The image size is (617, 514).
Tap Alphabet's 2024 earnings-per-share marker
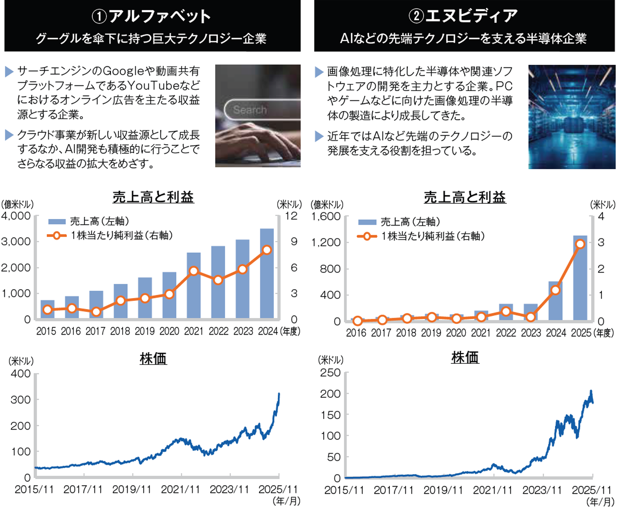pyautogui.click(x=267, y=250)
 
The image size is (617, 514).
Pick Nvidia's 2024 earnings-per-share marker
pyautogui.click(x=555, y=290)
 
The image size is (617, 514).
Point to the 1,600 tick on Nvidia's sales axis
pyautogui.click(x=326, y=217)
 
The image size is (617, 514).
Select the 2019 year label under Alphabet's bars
pyautogui.click(x=145, y=331)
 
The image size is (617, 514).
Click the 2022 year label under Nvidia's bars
pyautogui.click(x=506, y=332)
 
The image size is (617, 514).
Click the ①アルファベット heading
pyautogui.click(x=152, y=16)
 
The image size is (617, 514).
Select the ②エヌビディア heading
pyautogui.click(x=463, y=16)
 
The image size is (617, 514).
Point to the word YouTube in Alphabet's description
pyautogui.click(x=154, y=85)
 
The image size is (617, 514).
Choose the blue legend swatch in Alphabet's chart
pyautogui.click(x=57, y=221)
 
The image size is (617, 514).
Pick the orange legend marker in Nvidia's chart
pyautogui.click(x=367, y=236)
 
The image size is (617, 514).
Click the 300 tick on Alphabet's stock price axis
pyautogui.click(x=21, y=400)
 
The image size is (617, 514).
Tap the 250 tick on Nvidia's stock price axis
pyautogui.click(x=330, y=372)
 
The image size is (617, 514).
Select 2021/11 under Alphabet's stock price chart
pyautogui.click(x=181, y=489)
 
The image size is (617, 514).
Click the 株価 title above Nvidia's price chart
pyautogui.click(x=465, y=357)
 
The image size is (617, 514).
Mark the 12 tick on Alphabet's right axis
pyautogui.click(x=291, y=216)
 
